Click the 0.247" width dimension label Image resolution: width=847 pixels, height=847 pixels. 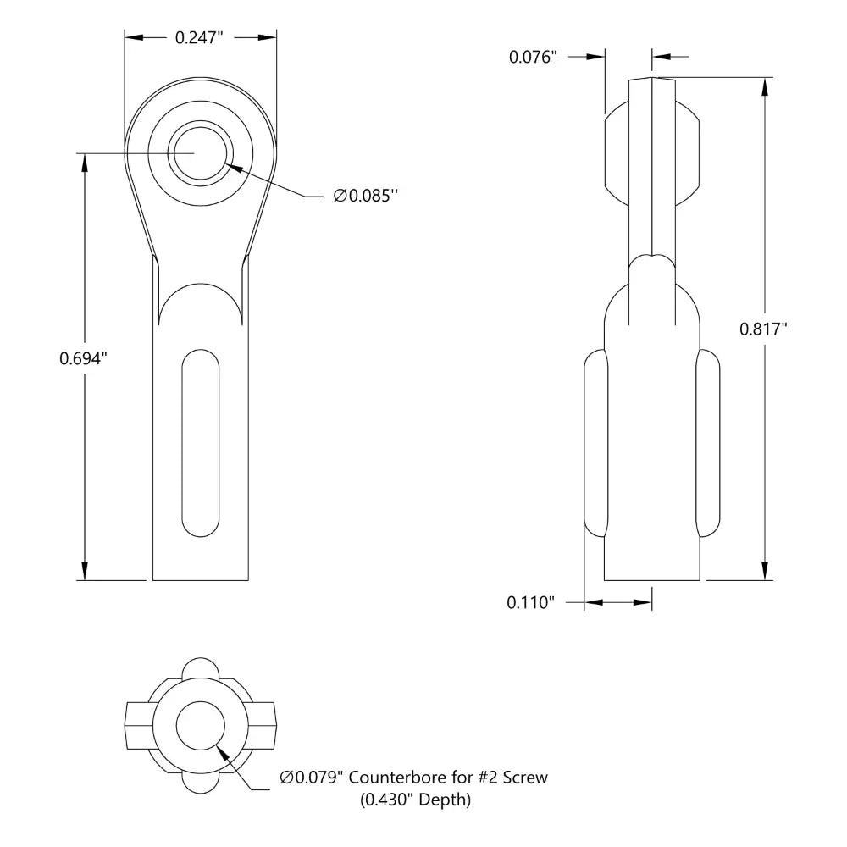pos(200,36)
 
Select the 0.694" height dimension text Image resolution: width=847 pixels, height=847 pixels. pos(84,358)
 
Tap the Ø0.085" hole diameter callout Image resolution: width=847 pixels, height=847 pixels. pos(366,196)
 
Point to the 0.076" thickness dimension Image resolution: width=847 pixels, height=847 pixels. pos(534,57)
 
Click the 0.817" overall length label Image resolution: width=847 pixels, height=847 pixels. pos(764,329)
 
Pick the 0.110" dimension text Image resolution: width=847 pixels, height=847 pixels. pos(530,602)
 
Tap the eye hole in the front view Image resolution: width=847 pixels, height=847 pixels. pos(200,152)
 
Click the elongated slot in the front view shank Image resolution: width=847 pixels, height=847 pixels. pos(201,442)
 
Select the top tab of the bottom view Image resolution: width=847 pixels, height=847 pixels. pos(201,666)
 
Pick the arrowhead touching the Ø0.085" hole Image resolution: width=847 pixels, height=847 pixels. pos(235,167)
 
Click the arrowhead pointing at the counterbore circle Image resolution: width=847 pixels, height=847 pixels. pos(223,750)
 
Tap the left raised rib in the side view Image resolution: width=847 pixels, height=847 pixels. pos(595,444)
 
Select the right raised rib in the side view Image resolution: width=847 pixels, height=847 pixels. pos(709,444)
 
